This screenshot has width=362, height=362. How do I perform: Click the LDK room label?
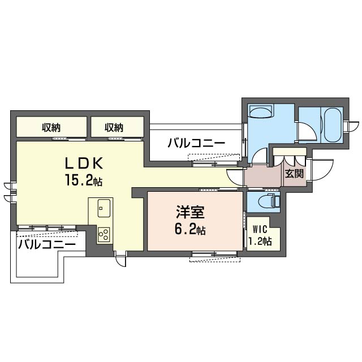(x=83, y=163)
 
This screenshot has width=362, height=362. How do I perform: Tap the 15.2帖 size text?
(x=84, y=180)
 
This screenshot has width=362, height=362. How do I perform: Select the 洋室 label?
(x=190, y=212)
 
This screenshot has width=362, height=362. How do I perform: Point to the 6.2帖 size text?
(x=190, y=229)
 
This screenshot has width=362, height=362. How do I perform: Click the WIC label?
(x=260, y=230)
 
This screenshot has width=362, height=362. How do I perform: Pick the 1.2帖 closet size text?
(x=260, y=241)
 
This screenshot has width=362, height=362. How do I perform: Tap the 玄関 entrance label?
(x=294, y=174)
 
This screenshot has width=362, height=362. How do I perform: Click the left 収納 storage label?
(x=51, y=127)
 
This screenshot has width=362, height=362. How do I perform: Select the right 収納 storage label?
(x=114, y=127)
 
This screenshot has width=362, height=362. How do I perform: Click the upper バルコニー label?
(x=196, y=143)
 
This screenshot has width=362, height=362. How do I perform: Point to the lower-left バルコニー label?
(x=47, y=244)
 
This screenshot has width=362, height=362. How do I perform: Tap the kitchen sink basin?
(x=104, y=208)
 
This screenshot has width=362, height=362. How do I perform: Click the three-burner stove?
(x=104, y=235)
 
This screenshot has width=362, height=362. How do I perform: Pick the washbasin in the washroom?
(x=260, y=111)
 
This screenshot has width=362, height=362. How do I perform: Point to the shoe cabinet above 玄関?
(x=290, y=152)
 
